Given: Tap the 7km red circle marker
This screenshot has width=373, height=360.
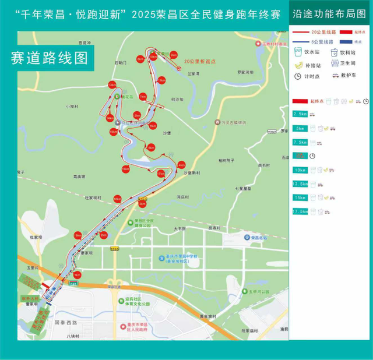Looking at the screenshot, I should (x=142, y=97).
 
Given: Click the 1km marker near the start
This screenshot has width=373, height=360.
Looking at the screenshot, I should (x=77, y=274).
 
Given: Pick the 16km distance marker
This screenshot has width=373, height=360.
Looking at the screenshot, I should (x=125, y=169).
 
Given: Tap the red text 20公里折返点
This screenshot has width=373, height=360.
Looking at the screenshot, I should (x=199, y=61).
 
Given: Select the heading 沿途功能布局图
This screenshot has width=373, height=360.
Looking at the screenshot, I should (x=330, y=12).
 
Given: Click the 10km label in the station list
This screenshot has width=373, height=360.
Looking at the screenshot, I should (x=300, y=170).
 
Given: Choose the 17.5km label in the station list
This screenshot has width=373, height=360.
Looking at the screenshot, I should (x=300, y=211).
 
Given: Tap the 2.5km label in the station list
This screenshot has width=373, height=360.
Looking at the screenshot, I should (x=300, y=114).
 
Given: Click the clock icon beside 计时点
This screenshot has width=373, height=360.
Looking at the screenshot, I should (x=298, y=76).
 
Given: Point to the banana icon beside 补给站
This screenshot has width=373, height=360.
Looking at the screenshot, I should (x=298, y=65).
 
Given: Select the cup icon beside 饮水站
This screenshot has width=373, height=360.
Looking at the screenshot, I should (x=298, y=52).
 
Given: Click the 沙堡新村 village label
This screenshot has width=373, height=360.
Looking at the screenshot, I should (x=192, y=173).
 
